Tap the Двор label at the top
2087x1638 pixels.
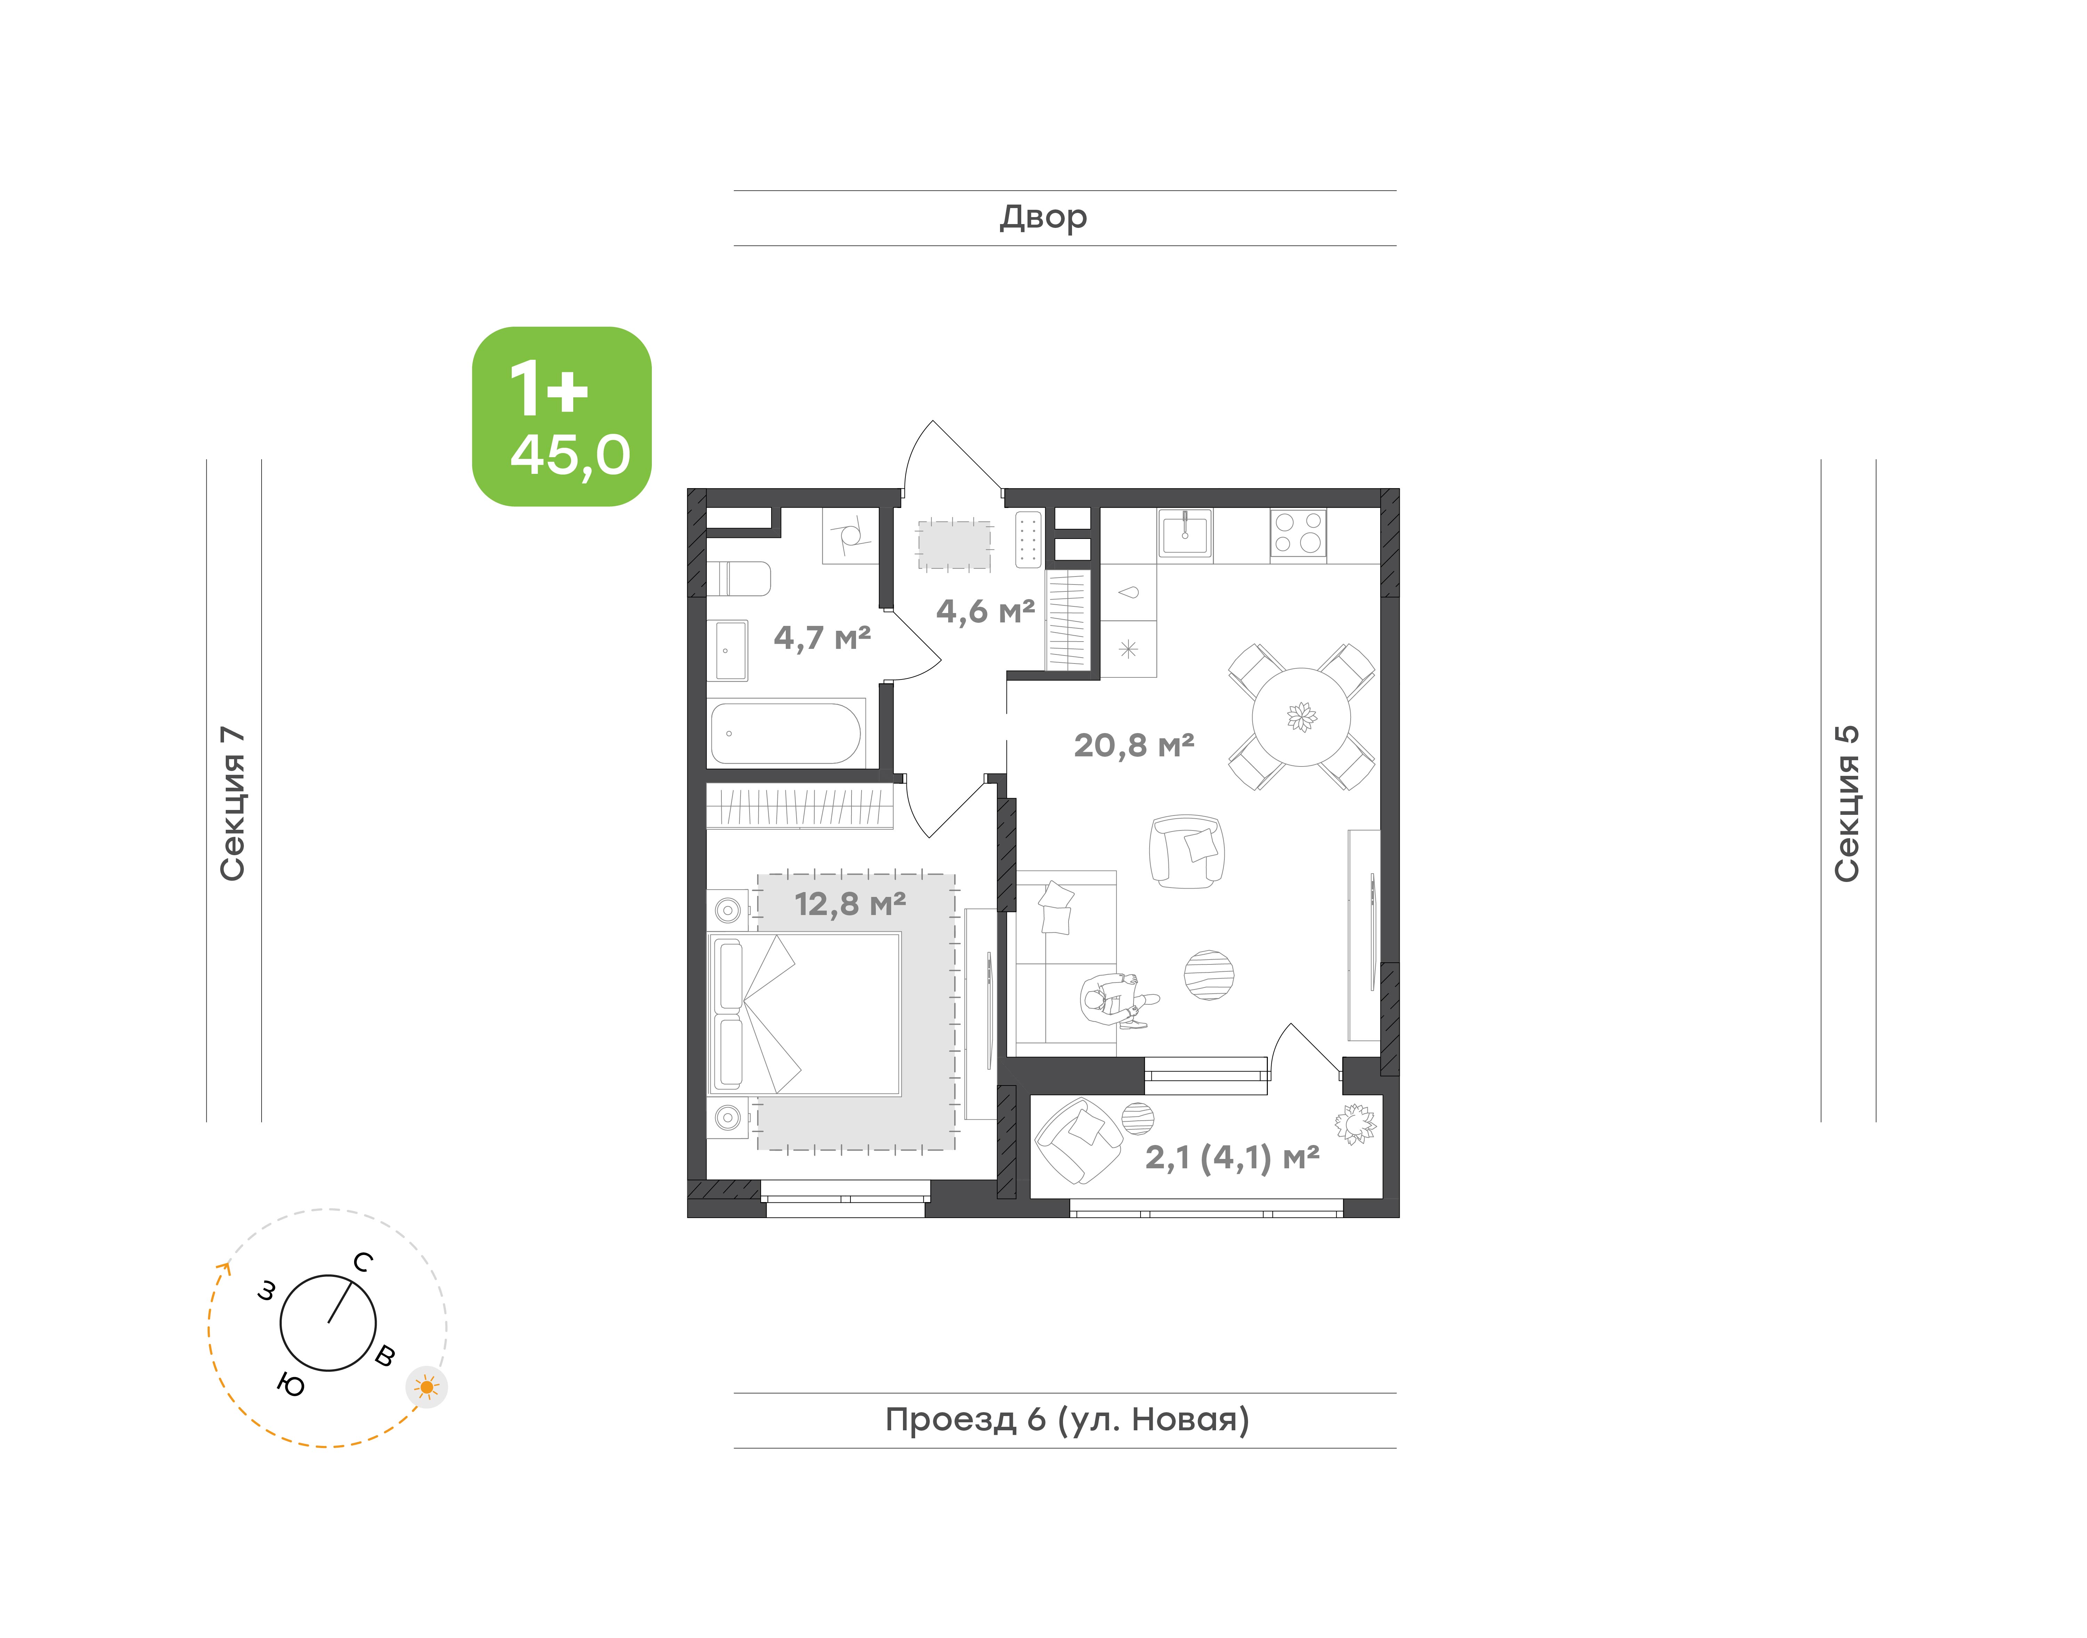(x=1043, y=218)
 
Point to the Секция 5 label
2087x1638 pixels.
(x=1846, y=804)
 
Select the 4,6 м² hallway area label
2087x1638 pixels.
(x=985, y=611)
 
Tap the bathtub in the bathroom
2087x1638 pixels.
(x=786, y=734)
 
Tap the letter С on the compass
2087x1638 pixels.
(x=362, y=1262)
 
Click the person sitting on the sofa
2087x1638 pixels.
(x=1119, y=1000)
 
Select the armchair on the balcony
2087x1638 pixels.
(x=1079, y=1140)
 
